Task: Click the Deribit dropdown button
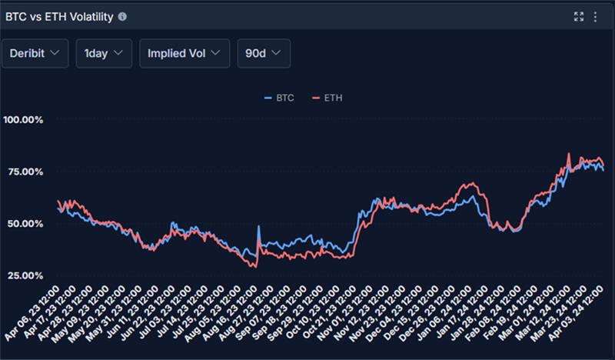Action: pyautogui.click(x=35, y=53)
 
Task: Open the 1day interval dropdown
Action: pyautogui.click(x=104, y=53)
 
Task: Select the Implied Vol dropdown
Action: pyautogui.click(x=184, y=53)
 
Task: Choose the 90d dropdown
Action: pyautogui.click(x=264, y=53)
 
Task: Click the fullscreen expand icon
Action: pyautogui.click(x=579, y=16)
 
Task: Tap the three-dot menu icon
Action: pyautogui.click(x=595, y=16)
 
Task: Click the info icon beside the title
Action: pyautogui.click(x=122, y=16)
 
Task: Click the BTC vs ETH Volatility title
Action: pyautogui.click(x=59, y=17)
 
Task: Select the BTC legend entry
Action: pyautogui.click(x=279, y=98)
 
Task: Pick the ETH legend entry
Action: pyautogui.click(x=327, y=98)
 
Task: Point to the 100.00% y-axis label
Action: pyautogui.click(x=23, y=120)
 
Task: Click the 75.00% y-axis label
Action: pyautogui.click(x=25, y=172)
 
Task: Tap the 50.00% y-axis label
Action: pyautogui.click(x=25, y=224)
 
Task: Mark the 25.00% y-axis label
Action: pyautogui.click(x=25, y=275)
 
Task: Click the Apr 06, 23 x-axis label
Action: pyautogui.click(x=32, y=313)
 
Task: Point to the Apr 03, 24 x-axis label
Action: pyautogui.click(x=575, y=313)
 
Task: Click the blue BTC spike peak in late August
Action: pyautogui.click(x=258, y=226)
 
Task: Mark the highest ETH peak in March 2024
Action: pyautogui.click(x=569, y=153)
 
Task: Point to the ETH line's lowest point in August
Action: pyautogui.click(x=256, y=268)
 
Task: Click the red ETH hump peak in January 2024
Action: pyautogui.click(x=473, y=182)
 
